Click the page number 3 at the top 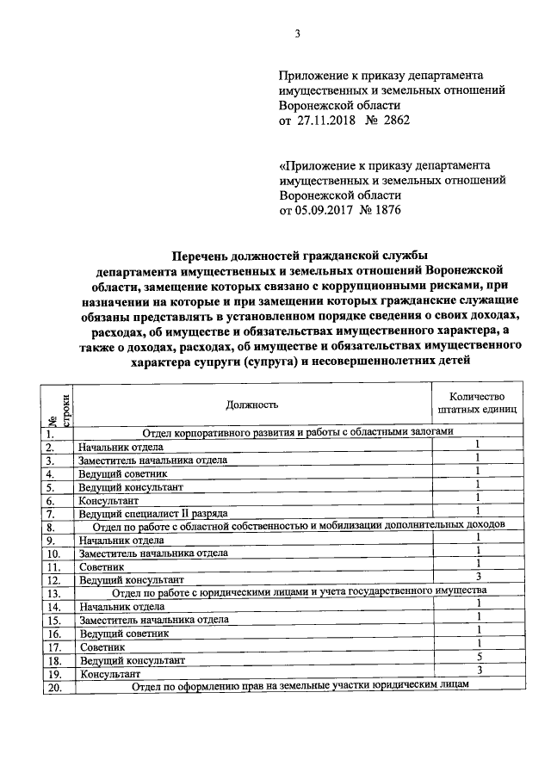[297, 34]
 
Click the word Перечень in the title [203, 256]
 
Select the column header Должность [251, 403]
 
